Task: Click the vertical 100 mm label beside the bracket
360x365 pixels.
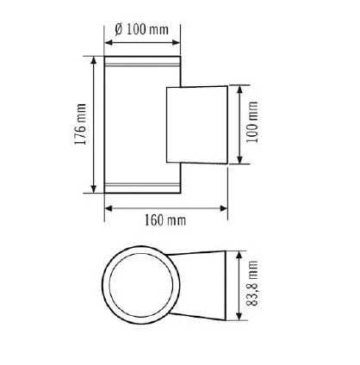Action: pyautogui.click(x=252, y=125)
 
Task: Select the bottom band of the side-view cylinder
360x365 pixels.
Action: pyautogui.click(x=141, y=187)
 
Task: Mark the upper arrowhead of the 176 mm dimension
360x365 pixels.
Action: pyautogui.click(x=92, y=60)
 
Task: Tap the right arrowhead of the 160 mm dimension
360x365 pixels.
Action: pyautogui.click(x=225, y=207)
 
